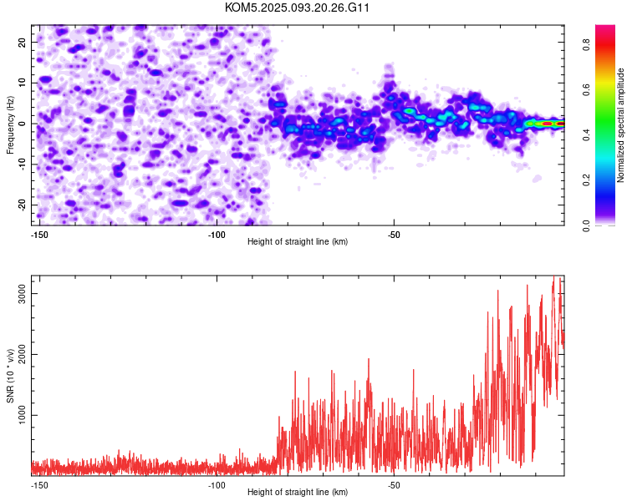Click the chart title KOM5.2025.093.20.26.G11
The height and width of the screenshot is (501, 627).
[297, 8]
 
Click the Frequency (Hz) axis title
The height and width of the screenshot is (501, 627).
[10, 125]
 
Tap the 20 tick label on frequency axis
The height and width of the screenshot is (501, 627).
[22, 42]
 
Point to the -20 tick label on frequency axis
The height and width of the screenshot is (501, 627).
[22, 205]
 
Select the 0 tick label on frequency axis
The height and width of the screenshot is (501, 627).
[22, 124]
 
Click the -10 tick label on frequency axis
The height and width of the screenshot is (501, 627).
[22, 164]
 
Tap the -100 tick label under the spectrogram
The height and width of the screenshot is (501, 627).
[217, 235]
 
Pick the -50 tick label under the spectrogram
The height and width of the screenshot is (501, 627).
[394, 235]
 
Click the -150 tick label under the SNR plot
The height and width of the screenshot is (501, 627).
[39, 485]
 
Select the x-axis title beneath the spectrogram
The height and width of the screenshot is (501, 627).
[298, 241]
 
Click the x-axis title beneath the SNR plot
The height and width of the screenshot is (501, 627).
[298, 492]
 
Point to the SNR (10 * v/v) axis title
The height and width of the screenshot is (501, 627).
[10, 376]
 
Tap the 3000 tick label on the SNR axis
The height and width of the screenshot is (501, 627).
[22, 294]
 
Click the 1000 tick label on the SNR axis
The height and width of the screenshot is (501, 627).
[22, 416]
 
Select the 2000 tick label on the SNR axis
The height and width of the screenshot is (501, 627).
[22, 354]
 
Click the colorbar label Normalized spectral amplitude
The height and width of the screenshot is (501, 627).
[620, 125]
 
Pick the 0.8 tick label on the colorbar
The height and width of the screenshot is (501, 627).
[586, 44]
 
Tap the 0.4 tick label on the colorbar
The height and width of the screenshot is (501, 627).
[586, 135]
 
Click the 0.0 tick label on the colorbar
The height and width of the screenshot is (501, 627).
[586, 225]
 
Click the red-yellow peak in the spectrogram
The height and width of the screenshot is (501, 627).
[548, 124]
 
